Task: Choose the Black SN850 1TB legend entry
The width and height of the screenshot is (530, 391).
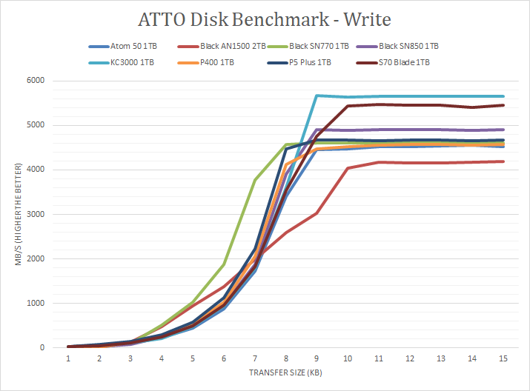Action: coord(407,46)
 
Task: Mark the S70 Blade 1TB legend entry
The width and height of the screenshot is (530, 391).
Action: coord(404,62)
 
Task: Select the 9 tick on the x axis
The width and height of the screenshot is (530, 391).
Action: coord(317,358)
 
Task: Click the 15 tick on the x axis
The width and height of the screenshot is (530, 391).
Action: coord(503,358)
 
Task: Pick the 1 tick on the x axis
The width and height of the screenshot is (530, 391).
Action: coord(68,358)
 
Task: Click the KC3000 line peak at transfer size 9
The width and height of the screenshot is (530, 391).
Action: coord(317,96)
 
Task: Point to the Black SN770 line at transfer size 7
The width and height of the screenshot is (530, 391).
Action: coord(255,179)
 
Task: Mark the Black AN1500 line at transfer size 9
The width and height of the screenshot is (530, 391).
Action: coord(317,213)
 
